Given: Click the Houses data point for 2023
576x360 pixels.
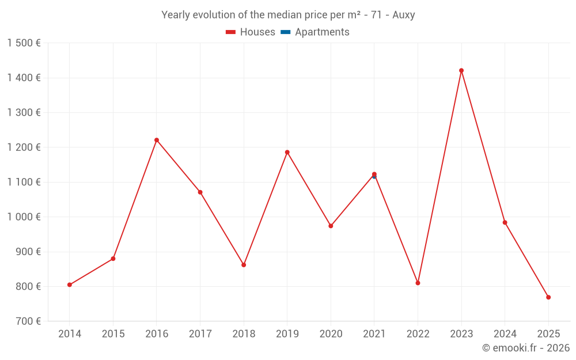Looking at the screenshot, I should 461,71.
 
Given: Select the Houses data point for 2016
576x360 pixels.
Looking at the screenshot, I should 157,140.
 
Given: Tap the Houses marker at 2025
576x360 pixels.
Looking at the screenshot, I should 548,297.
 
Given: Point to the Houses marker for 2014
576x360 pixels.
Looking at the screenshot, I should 70,285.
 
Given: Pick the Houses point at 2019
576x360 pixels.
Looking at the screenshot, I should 287,152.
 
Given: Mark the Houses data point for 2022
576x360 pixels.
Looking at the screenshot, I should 418,283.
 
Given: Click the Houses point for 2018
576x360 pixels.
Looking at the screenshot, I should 244,265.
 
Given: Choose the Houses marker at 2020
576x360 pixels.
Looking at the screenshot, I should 331,226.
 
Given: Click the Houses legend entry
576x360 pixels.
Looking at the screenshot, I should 251,32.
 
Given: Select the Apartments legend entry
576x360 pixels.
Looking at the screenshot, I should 316,32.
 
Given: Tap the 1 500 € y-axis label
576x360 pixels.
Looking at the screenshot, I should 24,43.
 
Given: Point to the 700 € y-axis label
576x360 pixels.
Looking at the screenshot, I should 27,321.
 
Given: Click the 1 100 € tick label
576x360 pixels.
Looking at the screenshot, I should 24,182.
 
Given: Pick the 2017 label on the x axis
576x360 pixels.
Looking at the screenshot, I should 200,334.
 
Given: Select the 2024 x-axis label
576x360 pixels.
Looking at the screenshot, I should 505,334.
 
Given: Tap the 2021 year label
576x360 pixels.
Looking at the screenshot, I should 374,334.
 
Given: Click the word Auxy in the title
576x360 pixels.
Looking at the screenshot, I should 404,15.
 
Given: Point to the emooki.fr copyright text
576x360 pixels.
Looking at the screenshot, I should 526,348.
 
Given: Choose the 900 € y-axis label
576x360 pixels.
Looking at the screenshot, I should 27,252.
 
